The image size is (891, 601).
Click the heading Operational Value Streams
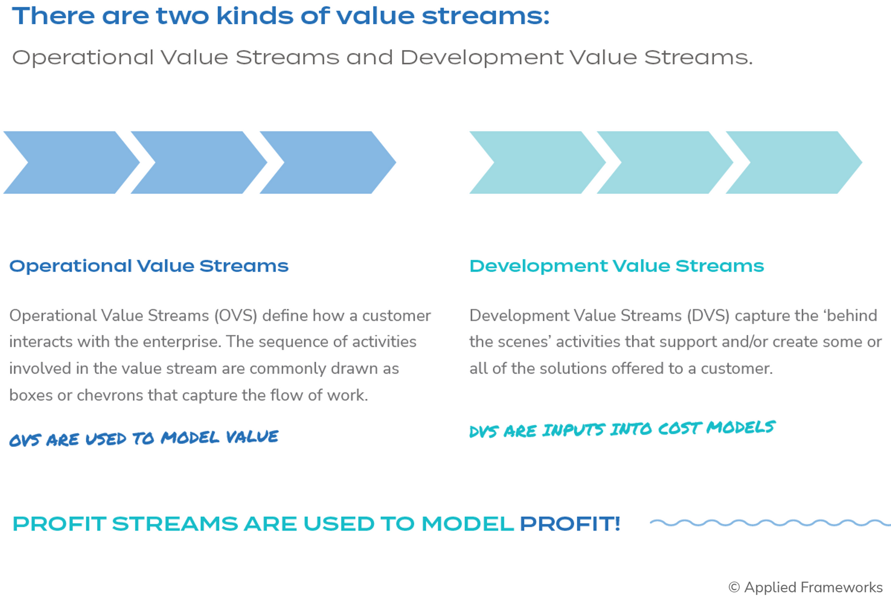149,266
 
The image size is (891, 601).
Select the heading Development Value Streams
616,266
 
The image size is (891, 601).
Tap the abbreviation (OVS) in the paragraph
236,316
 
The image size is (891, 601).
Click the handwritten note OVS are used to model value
144,438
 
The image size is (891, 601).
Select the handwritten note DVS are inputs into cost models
622,429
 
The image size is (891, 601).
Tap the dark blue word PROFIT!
570,524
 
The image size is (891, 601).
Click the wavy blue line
770,523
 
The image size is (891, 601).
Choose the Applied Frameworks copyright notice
806,587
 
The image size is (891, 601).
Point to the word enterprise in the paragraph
181,342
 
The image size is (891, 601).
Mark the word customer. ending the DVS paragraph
737,369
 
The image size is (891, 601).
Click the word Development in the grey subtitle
482,58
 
